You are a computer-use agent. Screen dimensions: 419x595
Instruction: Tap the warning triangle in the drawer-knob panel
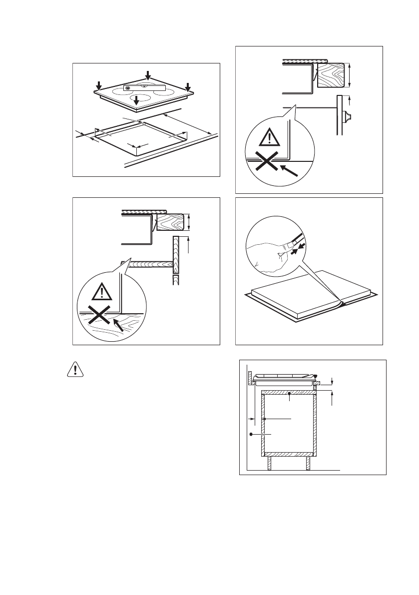point(270,136)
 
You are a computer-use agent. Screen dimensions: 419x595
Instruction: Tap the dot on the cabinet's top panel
point(290,394)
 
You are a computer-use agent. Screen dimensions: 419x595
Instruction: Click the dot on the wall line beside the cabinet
point(251,435)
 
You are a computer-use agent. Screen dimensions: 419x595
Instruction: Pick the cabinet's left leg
point(269,463)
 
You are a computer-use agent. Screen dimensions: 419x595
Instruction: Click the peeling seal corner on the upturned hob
point(340,302)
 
